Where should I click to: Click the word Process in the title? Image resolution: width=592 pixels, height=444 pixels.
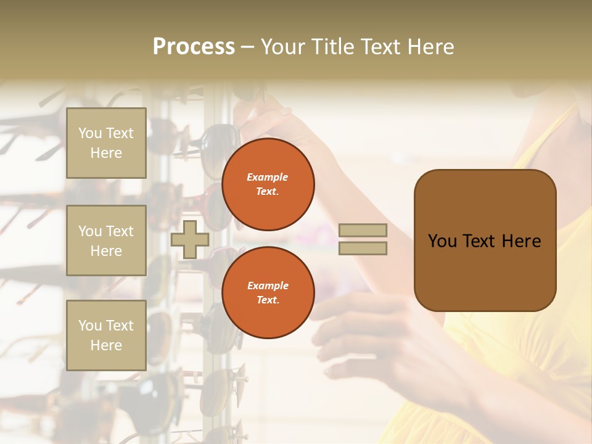pos(194,47)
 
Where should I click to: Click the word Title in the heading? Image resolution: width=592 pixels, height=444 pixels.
pos(333,47)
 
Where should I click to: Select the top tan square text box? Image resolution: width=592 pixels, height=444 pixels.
pos(106,143)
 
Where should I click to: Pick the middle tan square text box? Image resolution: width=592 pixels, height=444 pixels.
pos(106,240)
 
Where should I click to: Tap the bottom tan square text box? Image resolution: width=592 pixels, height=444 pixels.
pos(106,335)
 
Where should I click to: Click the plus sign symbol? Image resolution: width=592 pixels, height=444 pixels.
pos(190,239)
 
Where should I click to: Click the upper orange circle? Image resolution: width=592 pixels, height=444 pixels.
pos(268,184)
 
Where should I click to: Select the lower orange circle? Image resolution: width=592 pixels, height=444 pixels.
pos(268,292)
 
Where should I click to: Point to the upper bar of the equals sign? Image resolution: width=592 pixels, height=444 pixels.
pos(363,231)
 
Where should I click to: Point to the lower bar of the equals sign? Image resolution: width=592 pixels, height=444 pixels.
pos(363,248)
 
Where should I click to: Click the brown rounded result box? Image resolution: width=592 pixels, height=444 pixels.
pos(485,240)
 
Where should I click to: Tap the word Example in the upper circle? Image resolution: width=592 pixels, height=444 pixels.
pos(268,177)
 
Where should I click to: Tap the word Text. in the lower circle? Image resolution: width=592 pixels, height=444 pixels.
pos(268,300)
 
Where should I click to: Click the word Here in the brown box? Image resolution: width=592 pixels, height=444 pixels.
pos(521,241)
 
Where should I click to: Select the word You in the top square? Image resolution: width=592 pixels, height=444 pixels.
pos(90,133)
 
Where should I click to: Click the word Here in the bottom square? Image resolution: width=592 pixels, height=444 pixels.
pos(106,345)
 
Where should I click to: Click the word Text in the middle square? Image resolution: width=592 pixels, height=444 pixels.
pos(119,231)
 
